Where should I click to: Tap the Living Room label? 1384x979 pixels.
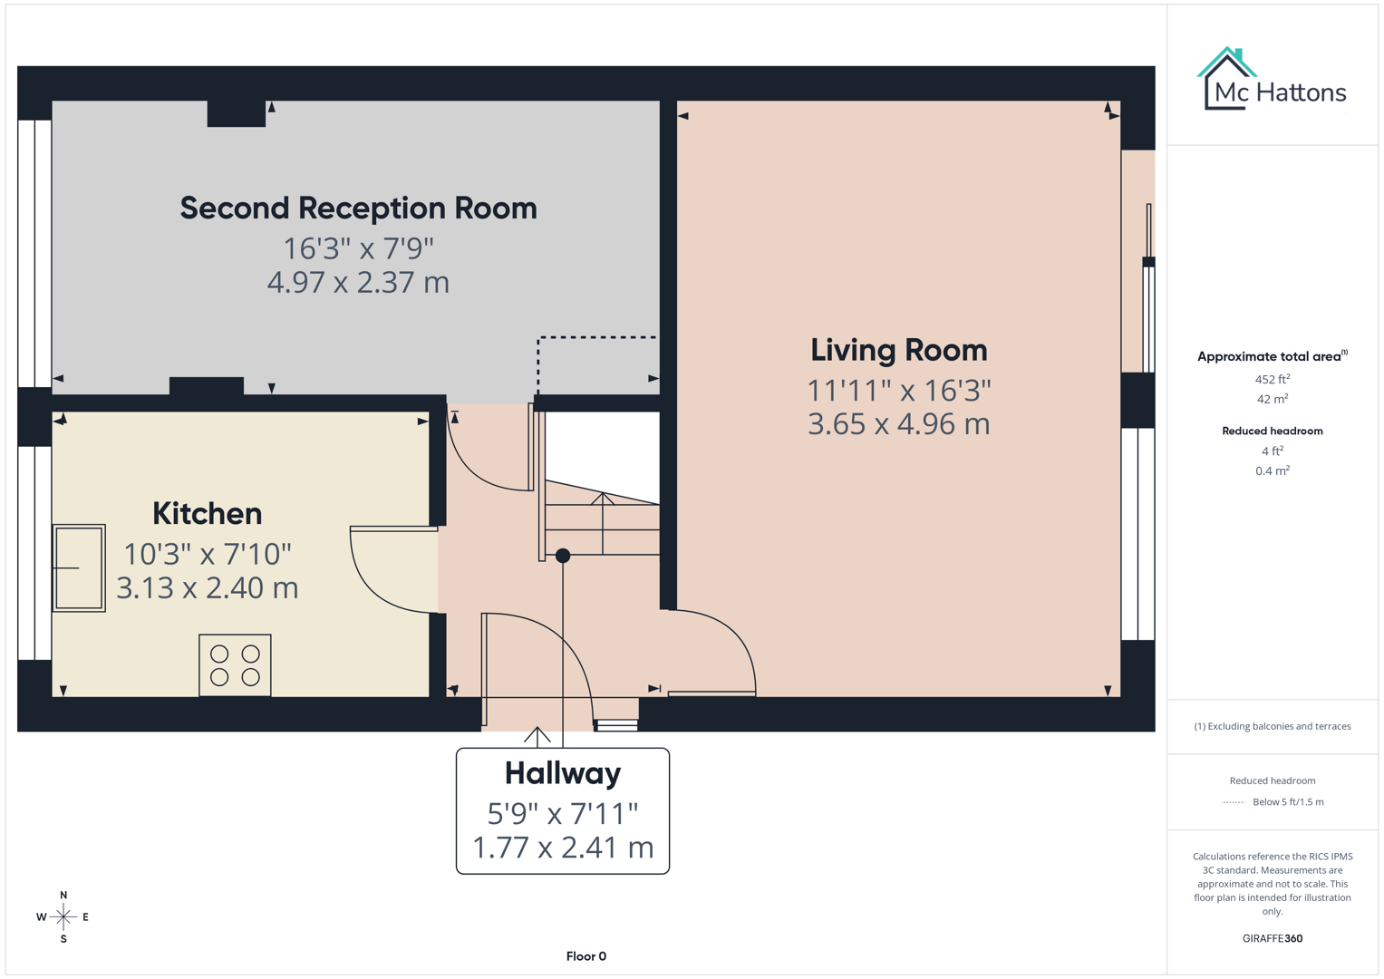click(898, 350)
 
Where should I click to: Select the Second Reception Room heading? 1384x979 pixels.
click(358, 208)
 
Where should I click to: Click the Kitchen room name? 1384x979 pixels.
click(207, 514)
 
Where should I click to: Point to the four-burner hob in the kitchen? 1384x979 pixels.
click(235, 665)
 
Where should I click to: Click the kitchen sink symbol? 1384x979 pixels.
click(79, 568)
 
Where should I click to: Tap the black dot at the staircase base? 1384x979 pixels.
click(563, 556)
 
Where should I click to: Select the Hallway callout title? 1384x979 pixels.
click(562, 773)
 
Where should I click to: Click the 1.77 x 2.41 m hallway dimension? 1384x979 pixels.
click(562, 848)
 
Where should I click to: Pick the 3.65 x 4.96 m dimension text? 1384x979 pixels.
click(898, 424)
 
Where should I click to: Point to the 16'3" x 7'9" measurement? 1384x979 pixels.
click(358, 248)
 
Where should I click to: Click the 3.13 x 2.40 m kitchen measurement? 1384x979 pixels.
click(207, 588)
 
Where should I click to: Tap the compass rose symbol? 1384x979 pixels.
click(63, 917)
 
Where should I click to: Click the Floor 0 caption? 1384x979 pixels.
click(586, 956)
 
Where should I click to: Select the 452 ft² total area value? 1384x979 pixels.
click(1272, 380)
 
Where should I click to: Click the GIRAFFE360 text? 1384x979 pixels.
click(1272, 938)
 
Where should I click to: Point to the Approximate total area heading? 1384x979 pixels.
click(1269, 356)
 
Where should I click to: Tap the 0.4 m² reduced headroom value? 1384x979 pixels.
click(1272, 470)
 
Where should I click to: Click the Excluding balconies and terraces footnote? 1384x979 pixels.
click(1272, 726)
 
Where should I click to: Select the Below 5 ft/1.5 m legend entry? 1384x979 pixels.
click(1287, 802)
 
